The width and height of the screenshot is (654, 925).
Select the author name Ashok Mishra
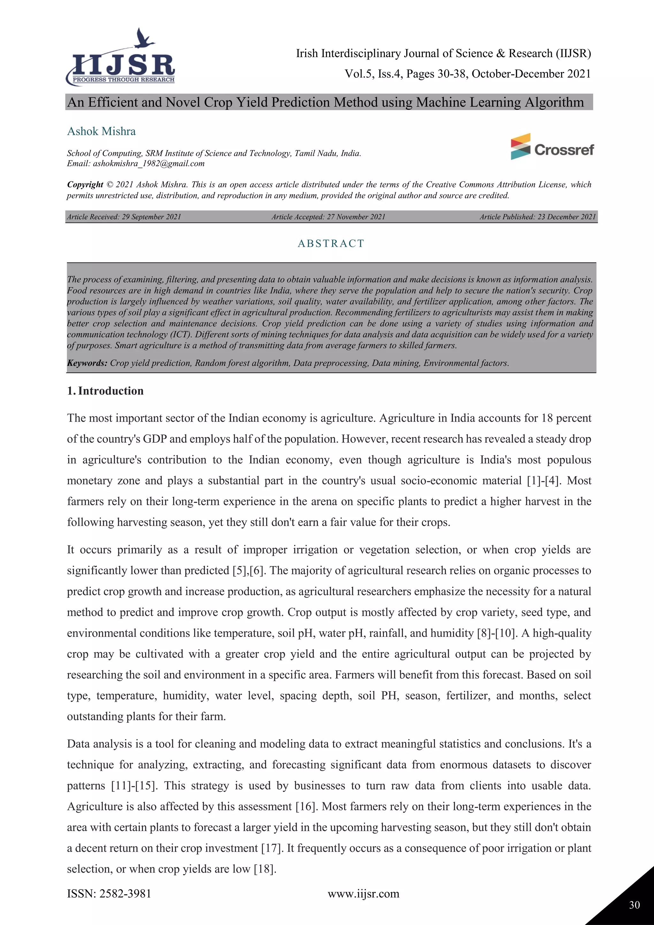pos(102,131)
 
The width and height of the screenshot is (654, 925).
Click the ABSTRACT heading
pos(331,243)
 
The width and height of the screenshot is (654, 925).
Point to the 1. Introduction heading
pos(105,391)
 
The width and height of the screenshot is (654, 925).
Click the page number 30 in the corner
pos(634,905)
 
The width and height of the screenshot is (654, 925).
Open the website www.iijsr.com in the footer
pos(363,894)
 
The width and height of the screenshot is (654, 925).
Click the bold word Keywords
pos(87,363)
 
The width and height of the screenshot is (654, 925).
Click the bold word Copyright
pos(85,185)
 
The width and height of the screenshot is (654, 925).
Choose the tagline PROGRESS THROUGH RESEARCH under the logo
pos(124,80)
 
